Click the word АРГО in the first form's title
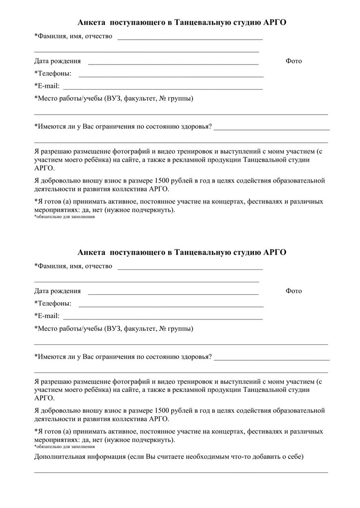coord(276,22)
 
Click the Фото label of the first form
coord(293,61)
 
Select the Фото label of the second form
coord(293,291)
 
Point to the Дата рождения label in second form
coord(57,291)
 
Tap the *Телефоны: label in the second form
coord(53,304)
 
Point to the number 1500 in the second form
coord(162,411)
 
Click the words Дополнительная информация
coord(79,456)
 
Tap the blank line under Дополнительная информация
coord(181,472)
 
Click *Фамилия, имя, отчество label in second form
coord(73,266)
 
